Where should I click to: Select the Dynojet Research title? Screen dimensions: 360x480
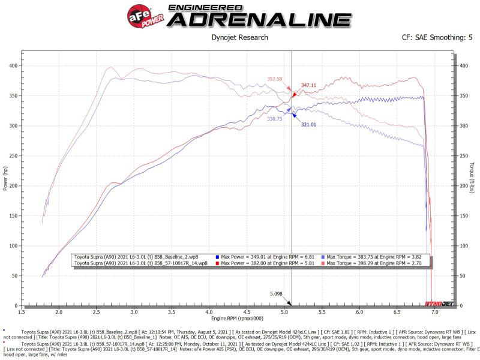(240, 38)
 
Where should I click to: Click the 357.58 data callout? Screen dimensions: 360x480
(274, 79)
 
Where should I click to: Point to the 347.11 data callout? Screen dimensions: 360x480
(309, 86)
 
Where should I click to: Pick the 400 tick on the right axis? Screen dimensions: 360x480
(462, 65)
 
